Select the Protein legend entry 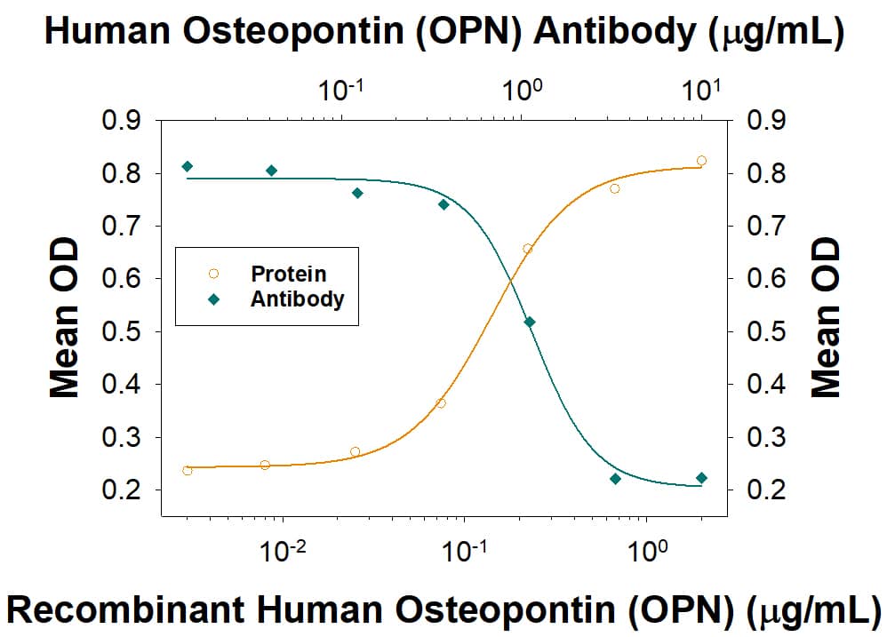tap(288, 274)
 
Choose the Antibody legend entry tap(297, 299)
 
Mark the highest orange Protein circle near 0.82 tap(701, 161)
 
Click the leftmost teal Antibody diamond tap(187, 166)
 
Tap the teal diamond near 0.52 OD tap(530, 322)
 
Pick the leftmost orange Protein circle tap(187, 470)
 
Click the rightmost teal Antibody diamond tap(701, 478)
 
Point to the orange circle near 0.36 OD tap(441, 403)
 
